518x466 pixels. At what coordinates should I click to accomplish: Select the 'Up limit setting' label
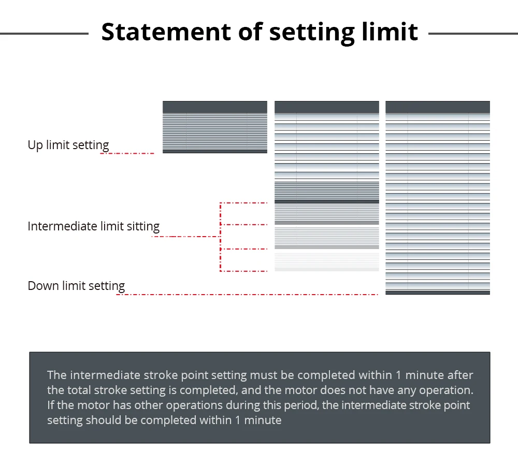68,145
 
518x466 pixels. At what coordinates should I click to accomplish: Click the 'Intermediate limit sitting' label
93,226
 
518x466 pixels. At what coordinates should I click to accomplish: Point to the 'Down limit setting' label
76,286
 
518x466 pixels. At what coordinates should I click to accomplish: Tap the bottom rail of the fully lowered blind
438,293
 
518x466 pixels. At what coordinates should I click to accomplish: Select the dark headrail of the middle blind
327,107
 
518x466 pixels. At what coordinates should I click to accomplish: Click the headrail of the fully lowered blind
438,107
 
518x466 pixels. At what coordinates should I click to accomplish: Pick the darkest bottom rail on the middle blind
327,201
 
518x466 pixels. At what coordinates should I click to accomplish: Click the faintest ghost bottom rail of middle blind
327,269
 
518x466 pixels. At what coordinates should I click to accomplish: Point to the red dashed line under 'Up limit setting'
127,153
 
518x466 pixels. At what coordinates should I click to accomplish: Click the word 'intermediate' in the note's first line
98,375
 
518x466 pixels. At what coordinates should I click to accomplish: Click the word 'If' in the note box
51,405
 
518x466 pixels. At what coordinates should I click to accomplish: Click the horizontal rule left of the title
44,34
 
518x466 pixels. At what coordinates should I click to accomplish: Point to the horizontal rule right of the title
473,34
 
